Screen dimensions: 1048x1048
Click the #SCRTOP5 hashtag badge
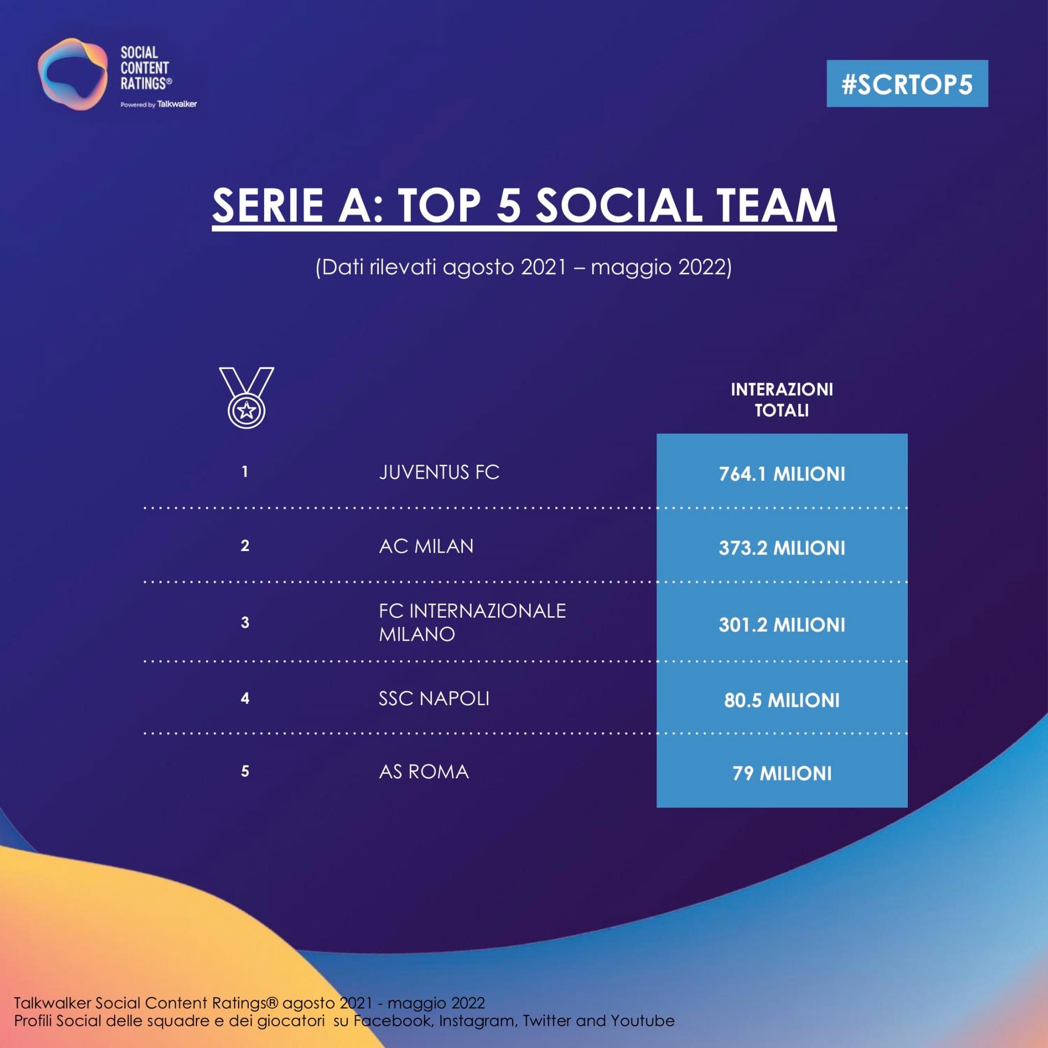tap(907, 83)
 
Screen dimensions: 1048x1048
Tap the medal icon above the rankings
tap(246, 397)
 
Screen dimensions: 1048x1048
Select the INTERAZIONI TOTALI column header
tap(782, 400)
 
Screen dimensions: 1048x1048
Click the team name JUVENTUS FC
tap(439, 472)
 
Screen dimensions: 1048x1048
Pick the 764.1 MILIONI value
tap(782, 474)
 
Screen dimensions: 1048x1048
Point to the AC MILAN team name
tap(426, 546)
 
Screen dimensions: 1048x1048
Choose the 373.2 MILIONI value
tap(782, 548)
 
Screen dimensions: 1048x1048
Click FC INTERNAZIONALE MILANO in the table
tap(471, 622)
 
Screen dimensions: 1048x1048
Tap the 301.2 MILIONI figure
tap(782, 625)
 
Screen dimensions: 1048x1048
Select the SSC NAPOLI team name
tap(434, 698)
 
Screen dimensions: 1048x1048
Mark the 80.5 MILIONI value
tap(782, 701)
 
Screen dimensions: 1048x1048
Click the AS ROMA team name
tap(424, 772)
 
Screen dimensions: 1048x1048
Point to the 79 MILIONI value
tap(782, 774)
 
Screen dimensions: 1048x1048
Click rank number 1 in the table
tap(245, 472)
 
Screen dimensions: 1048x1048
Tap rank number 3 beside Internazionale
tap(245, 622)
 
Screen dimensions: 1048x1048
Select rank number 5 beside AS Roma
tap(245, 771)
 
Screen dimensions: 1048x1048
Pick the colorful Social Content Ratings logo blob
tap(72, 74)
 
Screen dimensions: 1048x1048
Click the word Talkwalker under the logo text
tap(177, 104)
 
